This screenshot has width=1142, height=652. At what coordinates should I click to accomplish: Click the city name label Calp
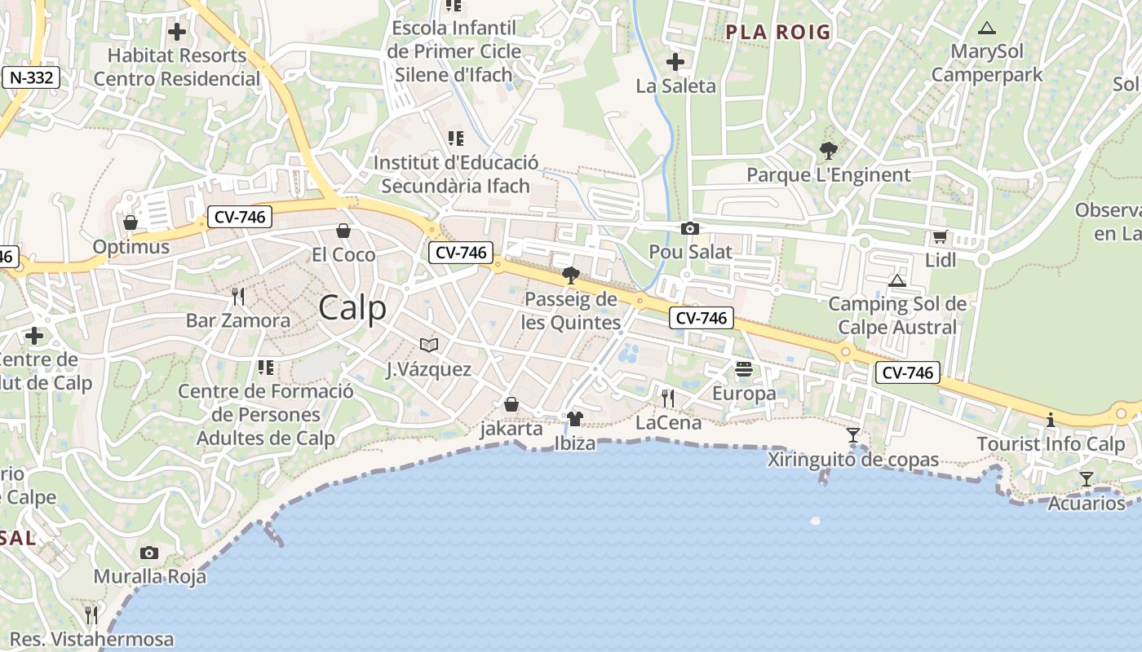click(x=352, y=308)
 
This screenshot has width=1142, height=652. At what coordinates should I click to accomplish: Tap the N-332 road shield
click(x=30, y=78)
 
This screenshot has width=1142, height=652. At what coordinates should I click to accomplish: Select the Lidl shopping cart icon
click(x=940, y=237)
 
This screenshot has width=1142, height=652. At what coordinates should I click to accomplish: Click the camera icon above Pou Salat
click(x=690, y=229)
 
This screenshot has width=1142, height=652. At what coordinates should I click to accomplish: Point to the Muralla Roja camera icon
click(x=148, y=553)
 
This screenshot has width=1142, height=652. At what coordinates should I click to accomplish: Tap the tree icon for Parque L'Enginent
click(x=829, y=151)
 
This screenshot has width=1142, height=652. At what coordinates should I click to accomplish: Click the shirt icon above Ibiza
click(x=575, y=420)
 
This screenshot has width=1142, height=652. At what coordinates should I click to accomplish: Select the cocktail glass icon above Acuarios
click(x=1086, y=479)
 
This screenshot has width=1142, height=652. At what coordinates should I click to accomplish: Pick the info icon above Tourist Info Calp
click(x=1051, y=421)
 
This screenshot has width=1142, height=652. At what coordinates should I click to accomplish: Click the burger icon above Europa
click(x=743, y=369)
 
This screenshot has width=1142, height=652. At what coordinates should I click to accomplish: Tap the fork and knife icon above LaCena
click(x=667, y=399)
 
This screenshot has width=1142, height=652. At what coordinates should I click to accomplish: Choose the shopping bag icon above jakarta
click(x=511, y=404)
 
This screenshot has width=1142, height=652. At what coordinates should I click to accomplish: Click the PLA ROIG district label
click(x=777, y=33)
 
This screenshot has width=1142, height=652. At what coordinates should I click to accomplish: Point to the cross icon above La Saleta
click(x=675, y=62)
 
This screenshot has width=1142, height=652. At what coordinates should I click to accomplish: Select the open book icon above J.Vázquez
click(x=429, y=346)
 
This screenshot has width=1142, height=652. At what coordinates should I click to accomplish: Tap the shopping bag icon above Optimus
click(x=131, y=222)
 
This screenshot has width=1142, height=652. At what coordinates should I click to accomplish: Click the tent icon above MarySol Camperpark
click(x=987, y=29)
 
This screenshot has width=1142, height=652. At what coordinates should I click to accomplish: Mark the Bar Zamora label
click(x=237, y=320)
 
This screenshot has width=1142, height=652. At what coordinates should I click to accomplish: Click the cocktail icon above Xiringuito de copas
click(x=853, y=435)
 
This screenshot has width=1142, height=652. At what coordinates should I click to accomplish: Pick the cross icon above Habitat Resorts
click(x=177, y=33)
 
